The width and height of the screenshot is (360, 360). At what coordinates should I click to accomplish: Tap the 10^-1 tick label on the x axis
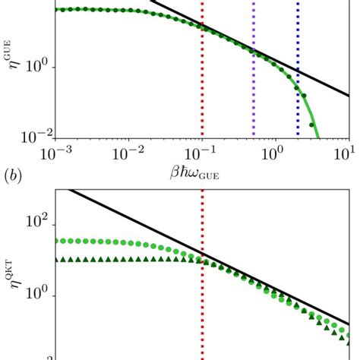(x=201, y=155)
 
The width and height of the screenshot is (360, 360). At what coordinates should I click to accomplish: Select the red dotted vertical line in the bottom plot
(x=202, y=319)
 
